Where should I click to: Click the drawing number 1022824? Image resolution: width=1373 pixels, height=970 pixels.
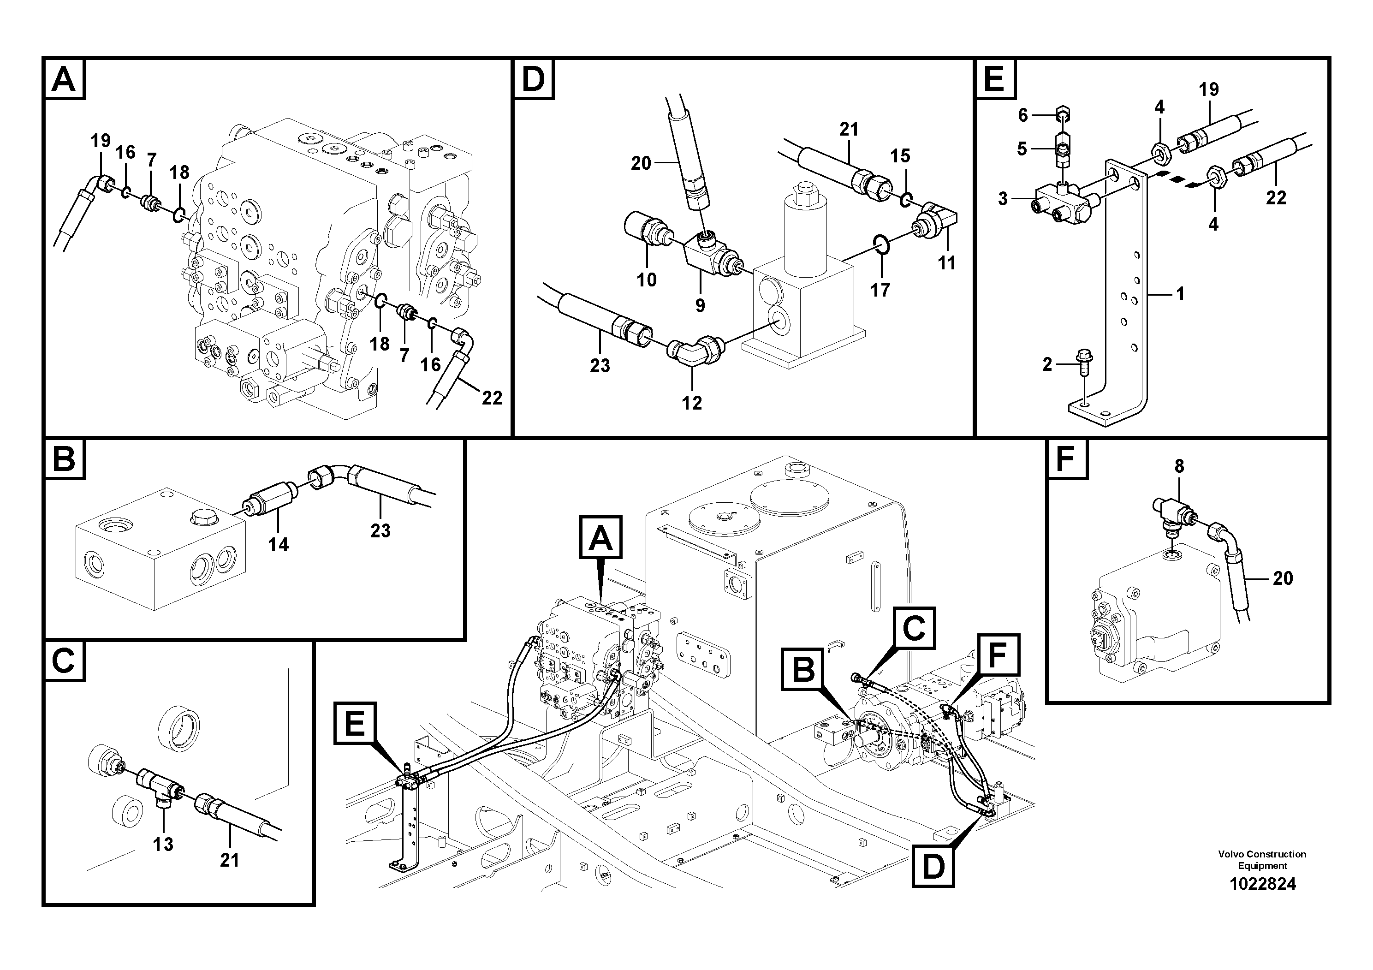[1262, 883]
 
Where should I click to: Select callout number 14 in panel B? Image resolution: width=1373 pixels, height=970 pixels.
[278, 544]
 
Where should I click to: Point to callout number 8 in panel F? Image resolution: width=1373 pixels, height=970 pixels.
[1179, 466]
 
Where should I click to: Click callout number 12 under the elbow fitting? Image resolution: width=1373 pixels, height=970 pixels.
[691, 403]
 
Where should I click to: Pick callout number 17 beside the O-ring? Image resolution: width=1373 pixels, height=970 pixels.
[880, 290]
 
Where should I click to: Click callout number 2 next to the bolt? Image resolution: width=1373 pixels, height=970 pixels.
[1046, 364]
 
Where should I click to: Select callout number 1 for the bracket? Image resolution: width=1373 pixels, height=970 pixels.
[1180, 294]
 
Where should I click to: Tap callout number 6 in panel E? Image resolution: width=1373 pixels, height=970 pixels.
[1022, 115]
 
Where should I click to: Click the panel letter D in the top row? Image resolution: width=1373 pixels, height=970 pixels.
[534, 79]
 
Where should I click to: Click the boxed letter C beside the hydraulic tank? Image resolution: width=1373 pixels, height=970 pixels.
[914, 628]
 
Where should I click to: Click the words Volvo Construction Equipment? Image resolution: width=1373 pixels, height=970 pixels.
[1262, 859]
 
